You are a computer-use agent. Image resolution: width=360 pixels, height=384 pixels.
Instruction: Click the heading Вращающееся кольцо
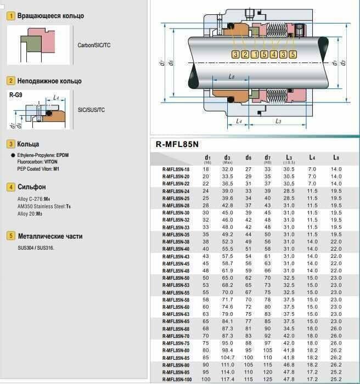click(x=50, y=16)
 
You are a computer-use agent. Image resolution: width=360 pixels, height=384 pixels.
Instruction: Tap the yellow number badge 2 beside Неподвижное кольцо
click(x=10, y=81)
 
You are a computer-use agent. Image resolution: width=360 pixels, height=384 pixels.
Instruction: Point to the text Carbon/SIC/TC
click(x=94, y=45)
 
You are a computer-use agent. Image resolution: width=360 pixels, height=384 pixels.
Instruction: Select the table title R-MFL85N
click(x=178, y=145)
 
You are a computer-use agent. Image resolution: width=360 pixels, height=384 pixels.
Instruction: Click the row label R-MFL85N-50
click(x=176, y=278)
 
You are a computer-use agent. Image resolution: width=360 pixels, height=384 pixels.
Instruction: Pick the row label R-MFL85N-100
click(x=177, y=379)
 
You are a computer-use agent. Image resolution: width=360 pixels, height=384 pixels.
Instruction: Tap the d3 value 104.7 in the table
click(x=228, y=358)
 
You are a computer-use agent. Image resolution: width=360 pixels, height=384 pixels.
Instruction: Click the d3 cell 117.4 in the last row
click(x=228, y=379)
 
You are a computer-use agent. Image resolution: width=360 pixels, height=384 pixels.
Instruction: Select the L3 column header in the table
click(x=289, y=157)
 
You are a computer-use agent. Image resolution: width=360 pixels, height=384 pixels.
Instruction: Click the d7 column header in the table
click(x=268, y=157)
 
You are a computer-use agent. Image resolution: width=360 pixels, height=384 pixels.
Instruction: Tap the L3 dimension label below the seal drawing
click(x=278, y=120)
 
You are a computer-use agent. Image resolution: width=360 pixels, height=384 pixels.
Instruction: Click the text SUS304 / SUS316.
click(x=36, y=247)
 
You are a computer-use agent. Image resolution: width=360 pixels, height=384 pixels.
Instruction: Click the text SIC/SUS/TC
click(x=92, y=110)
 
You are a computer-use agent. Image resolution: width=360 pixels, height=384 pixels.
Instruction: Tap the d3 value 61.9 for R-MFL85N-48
click(x=228, y=271)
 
